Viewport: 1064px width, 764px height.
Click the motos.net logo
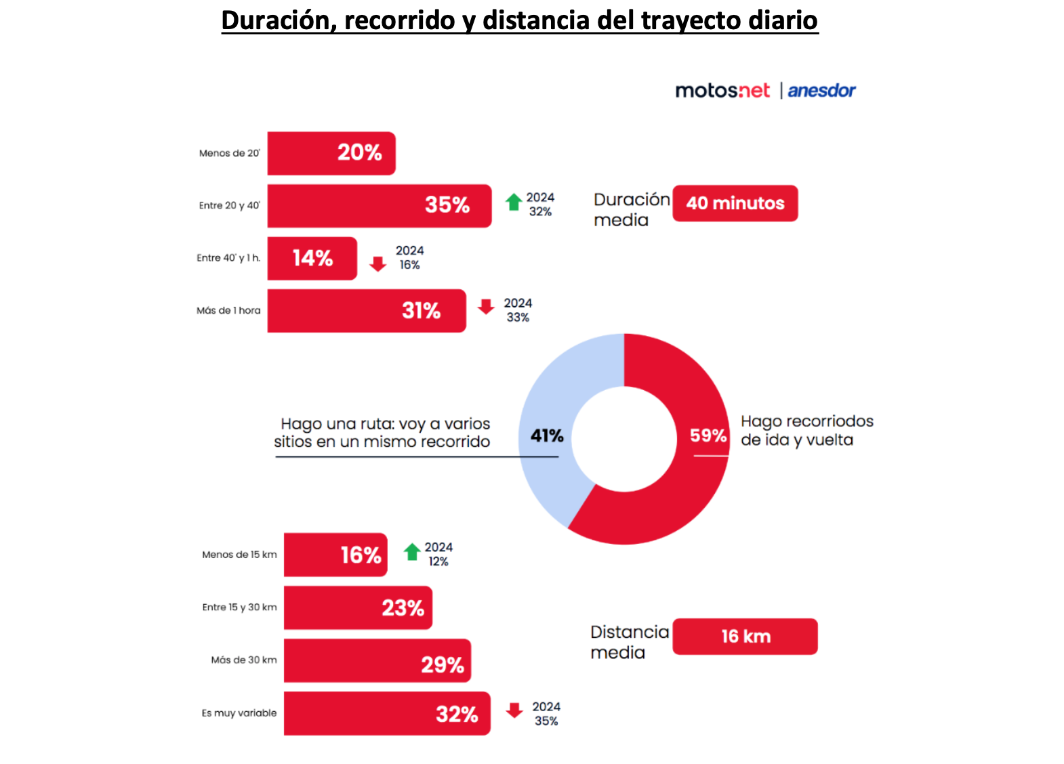click(x=722, y=91)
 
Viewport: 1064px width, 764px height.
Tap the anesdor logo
click(x=821, y=91)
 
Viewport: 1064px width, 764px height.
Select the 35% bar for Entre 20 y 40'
click(x=379, y=205)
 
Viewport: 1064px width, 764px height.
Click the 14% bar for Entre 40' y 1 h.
click(x=312, y=258)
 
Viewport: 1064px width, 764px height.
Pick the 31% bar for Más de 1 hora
click(x=366, y=311)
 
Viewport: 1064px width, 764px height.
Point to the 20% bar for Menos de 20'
click(x=331, y=153)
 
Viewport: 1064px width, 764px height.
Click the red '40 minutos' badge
click(x=735, y=203)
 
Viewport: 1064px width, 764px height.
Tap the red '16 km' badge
click(x=745, y=637)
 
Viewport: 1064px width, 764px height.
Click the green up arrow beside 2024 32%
click(x=514, y=202)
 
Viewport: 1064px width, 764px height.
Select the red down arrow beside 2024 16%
click(x=377, y=263)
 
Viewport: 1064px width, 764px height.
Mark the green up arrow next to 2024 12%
click(x=412, y=552)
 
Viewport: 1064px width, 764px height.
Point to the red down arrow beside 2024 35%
click(x=514, y=710)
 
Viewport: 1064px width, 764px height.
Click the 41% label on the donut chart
click(x=547, y=436)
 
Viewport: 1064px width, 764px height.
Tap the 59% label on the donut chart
click(x=708, y=436)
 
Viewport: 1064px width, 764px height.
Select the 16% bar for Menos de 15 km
click(x=335, y=555)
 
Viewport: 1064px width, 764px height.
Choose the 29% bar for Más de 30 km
click(x=377, y=660)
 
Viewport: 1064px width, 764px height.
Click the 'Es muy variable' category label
click(x=239, y=713)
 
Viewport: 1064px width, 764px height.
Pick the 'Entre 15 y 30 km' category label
click(x=239, y=608)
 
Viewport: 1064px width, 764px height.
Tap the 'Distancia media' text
click(x=628, y=642)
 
